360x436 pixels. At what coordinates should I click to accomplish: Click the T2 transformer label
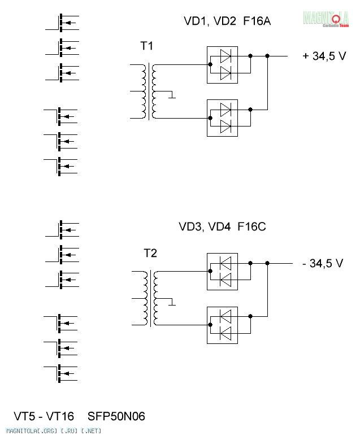(x=150, y=254)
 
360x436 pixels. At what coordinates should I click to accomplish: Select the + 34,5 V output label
(x=324, y=56)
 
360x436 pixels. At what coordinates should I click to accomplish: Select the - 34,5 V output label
(x=323, y=263)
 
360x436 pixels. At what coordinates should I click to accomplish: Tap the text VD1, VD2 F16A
(x=227, y=21)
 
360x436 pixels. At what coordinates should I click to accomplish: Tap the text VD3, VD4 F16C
(x=222, y=227)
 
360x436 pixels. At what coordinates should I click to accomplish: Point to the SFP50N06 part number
(x=116, y=417)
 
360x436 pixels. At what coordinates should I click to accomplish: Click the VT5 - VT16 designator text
(x=44, y=417)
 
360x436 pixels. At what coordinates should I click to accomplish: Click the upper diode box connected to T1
(x=223, y=64)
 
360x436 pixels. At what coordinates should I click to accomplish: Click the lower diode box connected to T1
(x=223, y=116)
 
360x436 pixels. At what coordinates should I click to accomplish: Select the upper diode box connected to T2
(x=223, y=271)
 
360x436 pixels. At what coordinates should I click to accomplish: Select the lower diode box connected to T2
(x=223, y=324)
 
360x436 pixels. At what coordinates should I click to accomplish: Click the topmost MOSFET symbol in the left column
(x=64, y=22)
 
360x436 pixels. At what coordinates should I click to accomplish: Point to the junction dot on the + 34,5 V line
(x=267, y=56)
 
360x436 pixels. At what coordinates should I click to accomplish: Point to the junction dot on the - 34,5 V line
(x=267, y=263)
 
